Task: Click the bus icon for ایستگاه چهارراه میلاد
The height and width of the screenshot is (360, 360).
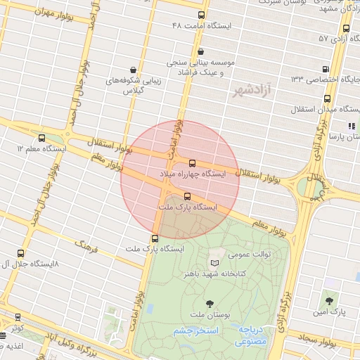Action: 192,163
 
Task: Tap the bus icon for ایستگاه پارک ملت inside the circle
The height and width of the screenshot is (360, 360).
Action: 187,197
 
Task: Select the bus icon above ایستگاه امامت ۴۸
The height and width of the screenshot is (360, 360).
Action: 202,15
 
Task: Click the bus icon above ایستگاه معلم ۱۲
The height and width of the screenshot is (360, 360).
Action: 42,138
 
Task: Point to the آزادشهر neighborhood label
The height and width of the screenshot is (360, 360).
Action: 252,91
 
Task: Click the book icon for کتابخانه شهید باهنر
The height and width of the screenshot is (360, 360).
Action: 214,263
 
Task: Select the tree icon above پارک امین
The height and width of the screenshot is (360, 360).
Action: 329,300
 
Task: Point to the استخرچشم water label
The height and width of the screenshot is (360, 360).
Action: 197,330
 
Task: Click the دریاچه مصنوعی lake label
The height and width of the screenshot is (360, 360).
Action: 251,335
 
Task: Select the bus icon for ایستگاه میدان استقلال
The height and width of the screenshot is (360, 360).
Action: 298,110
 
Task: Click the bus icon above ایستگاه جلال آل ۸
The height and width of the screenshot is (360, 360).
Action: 19,253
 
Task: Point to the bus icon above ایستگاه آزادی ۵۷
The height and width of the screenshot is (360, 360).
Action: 346,29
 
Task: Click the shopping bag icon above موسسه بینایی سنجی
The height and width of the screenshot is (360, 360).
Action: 201,51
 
